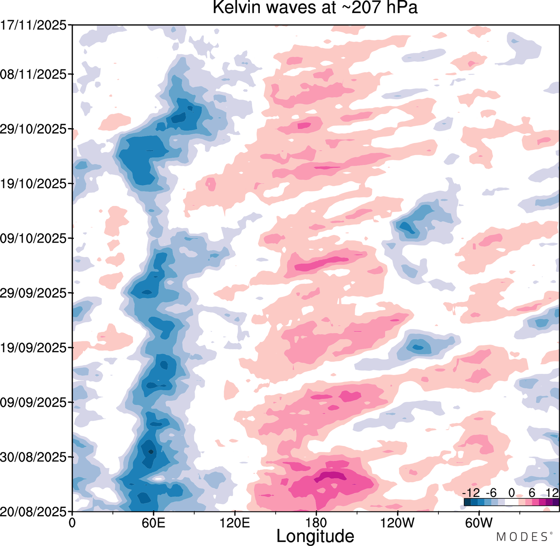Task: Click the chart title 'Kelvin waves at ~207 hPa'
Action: (x=315, y=7)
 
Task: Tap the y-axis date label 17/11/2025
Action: (x=34, y=25)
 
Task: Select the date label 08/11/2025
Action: (x=34, y=74)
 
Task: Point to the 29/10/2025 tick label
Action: (x=34, y=129)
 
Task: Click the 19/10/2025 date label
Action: (x=34, y=184)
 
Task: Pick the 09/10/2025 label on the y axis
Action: (x=34, y=239)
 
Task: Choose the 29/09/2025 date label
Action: (x=34, y=293)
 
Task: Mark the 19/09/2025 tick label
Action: (x=34, y=348)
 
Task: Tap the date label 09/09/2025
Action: (x=34, y=402)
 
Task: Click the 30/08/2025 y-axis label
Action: (x=34, y=457)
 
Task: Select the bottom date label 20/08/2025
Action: (x=34, y=511)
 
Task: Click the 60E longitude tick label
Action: (x=154, y=522)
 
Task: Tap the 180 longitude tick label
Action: (x=316, y=522)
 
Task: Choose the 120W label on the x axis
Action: (x=397, y=522)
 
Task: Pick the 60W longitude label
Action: (x=479, y=522)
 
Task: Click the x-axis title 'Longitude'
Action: (x=315, y=536)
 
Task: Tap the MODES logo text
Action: (x=522, y=537)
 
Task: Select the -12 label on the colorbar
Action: (x=470, y=493)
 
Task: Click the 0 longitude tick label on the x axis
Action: (x=73, y=522)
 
